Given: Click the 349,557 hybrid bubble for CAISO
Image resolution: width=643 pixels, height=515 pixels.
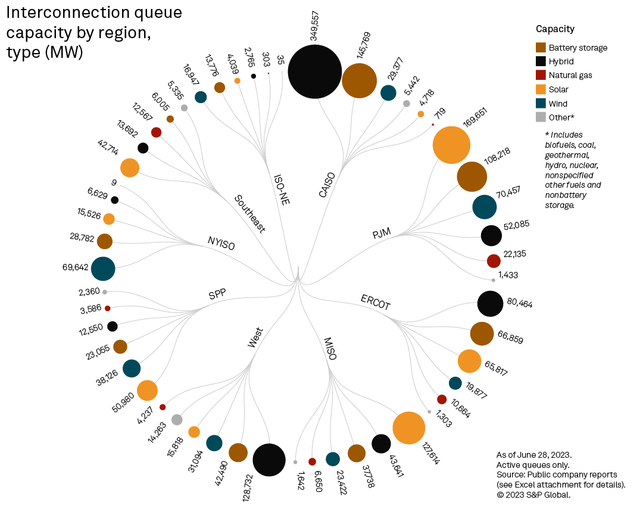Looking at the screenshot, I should tap(315, 71).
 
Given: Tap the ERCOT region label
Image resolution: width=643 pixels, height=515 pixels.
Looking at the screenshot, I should tap(376, 302).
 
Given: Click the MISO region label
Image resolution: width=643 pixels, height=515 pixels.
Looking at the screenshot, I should tap(330, 349).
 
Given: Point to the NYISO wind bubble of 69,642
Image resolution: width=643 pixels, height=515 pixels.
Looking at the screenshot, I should tap(103, 268).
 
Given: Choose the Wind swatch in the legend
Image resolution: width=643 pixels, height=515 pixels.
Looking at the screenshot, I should tap(541, 104).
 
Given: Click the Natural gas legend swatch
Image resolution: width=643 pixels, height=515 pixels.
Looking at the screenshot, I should tap(541, 75).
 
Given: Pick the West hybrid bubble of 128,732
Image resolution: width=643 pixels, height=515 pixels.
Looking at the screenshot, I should tap(269, 460).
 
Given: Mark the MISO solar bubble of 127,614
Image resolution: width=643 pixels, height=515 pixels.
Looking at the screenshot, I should tap(408, 427).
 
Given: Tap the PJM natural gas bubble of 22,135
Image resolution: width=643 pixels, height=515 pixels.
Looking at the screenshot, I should tap(494, 260).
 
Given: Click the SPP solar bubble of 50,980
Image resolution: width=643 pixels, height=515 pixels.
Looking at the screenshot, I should tap(146, 390).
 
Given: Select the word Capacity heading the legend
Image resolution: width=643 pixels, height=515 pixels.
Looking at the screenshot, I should tap(555, 29).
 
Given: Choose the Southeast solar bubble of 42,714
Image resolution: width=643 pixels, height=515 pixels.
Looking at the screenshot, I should tap(130, 168).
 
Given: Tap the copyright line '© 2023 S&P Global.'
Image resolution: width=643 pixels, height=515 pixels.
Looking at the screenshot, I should tap(533, 495).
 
